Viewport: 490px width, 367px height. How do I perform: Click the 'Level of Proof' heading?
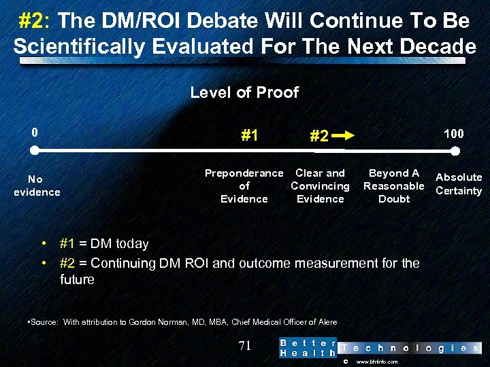pos(244,92)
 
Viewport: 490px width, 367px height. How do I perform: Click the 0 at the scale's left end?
pos(34,133)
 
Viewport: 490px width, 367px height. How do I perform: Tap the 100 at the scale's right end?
pos(454,133)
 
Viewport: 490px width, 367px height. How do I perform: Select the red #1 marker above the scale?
pos(249,135)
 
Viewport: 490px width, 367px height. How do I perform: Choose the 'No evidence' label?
pos(36,186)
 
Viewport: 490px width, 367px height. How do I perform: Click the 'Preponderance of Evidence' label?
pos(244,186)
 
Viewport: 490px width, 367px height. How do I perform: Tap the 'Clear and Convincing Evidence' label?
pos(320,186)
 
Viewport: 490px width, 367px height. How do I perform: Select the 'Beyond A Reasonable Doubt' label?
pos(394,186)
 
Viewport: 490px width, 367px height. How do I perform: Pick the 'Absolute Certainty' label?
pos(459,184)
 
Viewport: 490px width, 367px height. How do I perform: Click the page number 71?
pos(245,346)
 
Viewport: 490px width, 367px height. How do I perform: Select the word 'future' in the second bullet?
pos(77,279)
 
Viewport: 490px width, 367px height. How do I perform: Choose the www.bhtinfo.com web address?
pos(377,362)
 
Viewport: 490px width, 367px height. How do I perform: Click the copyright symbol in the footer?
pos(346,362)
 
